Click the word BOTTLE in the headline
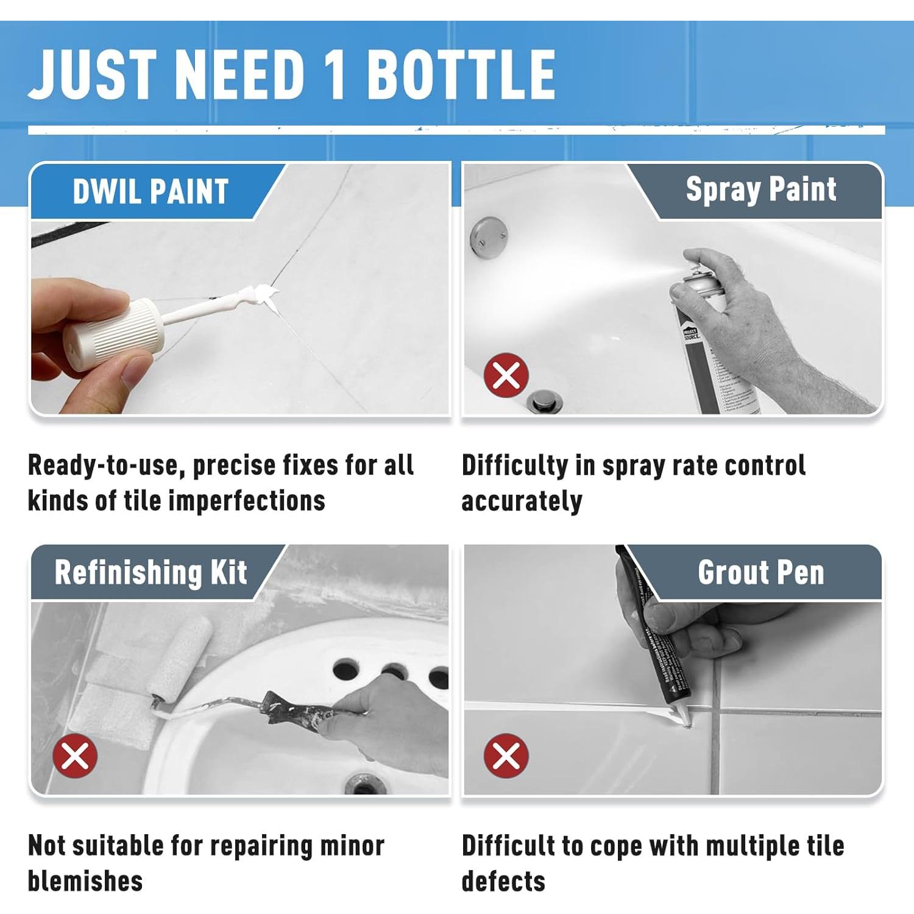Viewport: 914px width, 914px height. pyautogui.click(x=461, y=74)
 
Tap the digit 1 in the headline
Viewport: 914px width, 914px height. pyautogui.click(x=335, y=74)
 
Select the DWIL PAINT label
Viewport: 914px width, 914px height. pyautogui.click(x=151, y=191)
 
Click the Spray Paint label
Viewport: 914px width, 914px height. pyautogui.click(x=760, y=190)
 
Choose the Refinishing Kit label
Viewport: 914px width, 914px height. pyautogui.click(x=151, y=572)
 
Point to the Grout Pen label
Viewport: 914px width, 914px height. pyautogui.click(x=760, y=573)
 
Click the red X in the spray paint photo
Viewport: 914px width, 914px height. pyautogui.click(x=506, y=375)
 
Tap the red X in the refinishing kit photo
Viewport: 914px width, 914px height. pyautogui.click(x=75, y=756)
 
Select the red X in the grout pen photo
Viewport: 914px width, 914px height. pyautogui.click(x=506, y=756)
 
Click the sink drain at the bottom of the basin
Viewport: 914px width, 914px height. pyautogui.click(x=364, y=782)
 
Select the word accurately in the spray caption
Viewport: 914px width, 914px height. pyautogui.click(x=522, y=501)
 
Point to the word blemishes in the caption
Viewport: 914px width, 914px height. pyautogui.click(x=85, y=881)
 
